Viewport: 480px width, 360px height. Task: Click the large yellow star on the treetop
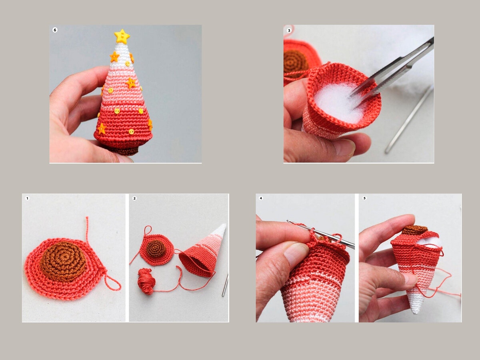coord(122,36)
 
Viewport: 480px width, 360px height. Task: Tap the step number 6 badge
coord(55,30)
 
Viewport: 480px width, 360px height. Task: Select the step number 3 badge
coord(289,30)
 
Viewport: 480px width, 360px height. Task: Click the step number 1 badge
coord(27,198)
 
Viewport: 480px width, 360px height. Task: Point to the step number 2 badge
coord(134,198)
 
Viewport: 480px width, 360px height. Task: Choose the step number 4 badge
coord(261,198)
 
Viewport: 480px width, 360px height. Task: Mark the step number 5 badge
coord(364,198)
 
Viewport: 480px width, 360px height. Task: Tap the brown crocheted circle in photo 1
coord(64,261)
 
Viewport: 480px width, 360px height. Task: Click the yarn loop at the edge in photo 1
coord(112,283)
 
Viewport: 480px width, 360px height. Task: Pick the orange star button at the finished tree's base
coord(102,129)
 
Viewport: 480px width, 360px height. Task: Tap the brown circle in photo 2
coord(156,249)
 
